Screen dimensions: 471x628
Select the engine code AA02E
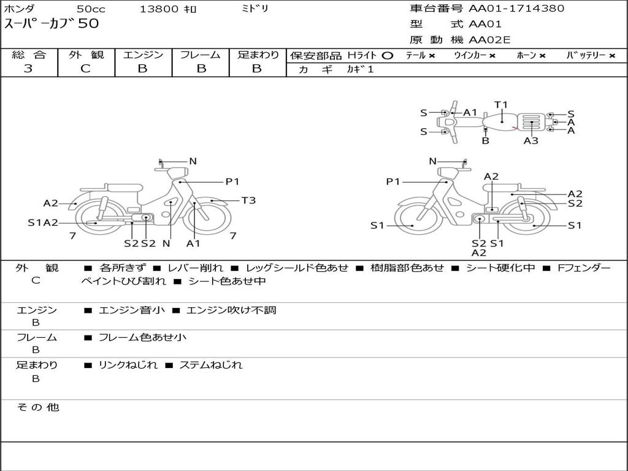[x=489, y=40]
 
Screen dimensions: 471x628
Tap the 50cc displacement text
[x=90, y=9]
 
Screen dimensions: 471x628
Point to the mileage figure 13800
[x=159, y=9]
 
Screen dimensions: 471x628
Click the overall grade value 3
[x=28, y=69]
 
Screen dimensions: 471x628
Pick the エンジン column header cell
[x=143, y=55]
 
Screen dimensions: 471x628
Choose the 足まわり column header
[x=258, y=55]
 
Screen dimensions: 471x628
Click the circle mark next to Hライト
[x=387, y=56]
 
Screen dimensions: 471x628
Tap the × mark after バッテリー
[x=611, y=56]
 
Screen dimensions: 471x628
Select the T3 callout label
[x=248, y=201]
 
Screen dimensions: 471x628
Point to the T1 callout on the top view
[x=501, y=105]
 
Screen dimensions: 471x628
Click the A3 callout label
[x=531, y=140]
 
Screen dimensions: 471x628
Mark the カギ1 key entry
[x=360, y=69]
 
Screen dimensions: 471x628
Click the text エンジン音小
[x=132, y=310]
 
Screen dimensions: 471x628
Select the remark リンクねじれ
[x=128, y=365]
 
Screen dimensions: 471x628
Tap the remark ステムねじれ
[x=210, y=365]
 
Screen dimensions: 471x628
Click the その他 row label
[x=37, y=407]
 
